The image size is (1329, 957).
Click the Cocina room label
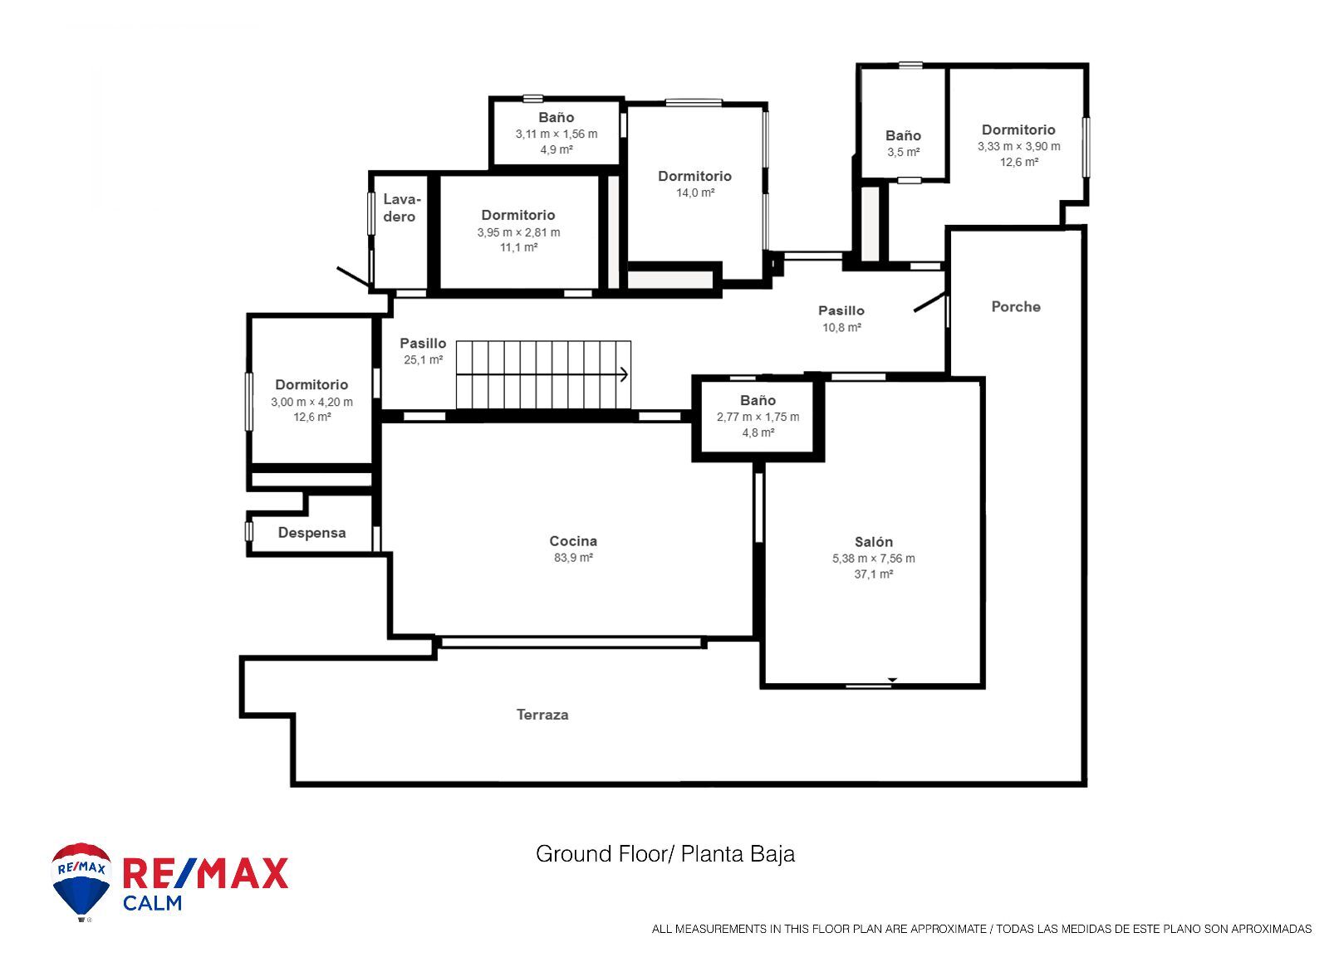point(573,541)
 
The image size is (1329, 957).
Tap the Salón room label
point(873,541)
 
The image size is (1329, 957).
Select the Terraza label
point(542,715)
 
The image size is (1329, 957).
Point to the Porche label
point(1016,306)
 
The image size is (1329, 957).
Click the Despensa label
point(312,533)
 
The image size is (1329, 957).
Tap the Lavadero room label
point(401,208)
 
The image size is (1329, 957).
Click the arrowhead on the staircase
point(624,374)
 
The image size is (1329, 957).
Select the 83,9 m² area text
point(573,558)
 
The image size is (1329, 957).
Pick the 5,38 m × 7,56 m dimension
point(873,558)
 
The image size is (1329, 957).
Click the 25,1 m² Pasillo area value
point(423,359)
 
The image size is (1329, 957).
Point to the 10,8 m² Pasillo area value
point(841,327)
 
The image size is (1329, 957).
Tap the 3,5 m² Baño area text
point(903,152)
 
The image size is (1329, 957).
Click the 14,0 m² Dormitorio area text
point(694,192)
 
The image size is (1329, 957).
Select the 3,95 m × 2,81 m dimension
point(518,232)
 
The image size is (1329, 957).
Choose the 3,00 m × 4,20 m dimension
point(311,402)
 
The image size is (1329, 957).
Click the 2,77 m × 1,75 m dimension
point(758,417)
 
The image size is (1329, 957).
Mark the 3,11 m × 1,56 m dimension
point(556,134)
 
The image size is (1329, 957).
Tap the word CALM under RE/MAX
point(152,903)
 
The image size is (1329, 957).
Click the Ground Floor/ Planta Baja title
point(665,854)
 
